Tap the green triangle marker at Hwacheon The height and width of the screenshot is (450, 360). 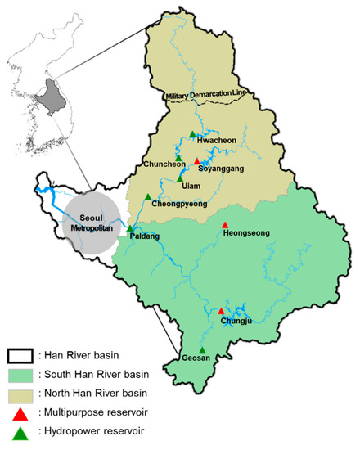(x=192, y=134)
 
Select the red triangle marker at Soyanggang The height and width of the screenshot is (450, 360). (x=196, y=161)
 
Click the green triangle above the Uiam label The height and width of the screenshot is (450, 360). (x=180, y=177)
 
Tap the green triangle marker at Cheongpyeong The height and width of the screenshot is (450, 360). (x=147, y=196)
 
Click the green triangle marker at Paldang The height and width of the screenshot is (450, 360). (x=130, y=228)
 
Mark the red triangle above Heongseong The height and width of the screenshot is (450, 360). (x=226, y=225)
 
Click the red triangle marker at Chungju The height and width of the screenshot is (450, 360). (x=221, y=311)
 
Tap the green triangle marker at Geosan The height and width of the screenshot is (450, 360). (x=202, y=350)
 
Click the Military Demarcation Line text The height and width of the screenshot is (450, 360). (x=205, y=97)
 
